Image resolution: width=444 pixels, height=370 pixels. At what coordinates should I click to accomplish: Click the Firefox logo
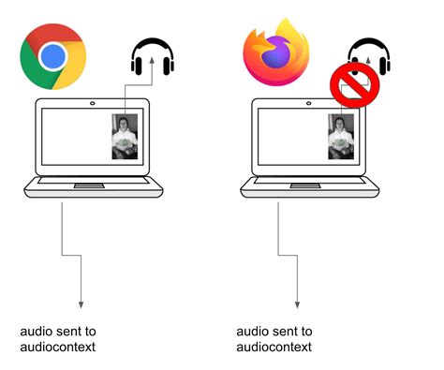point(276,53)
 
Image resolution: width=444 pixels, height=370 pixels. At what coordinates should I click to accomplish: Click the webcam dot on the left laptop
point(92,102)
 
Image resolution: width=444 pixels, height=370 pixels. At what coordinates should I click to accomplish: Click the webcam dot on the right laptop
point(308,102)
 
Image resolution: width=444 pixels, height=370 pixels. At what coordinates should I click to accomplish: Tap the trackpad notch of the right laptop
point(307,185)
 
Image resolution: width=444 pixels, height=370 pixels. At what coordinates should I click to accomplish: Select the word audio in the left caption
point(36,331)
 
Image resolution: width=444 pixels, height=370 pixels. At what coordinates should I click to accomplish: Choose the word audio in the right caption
point(252,331)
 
